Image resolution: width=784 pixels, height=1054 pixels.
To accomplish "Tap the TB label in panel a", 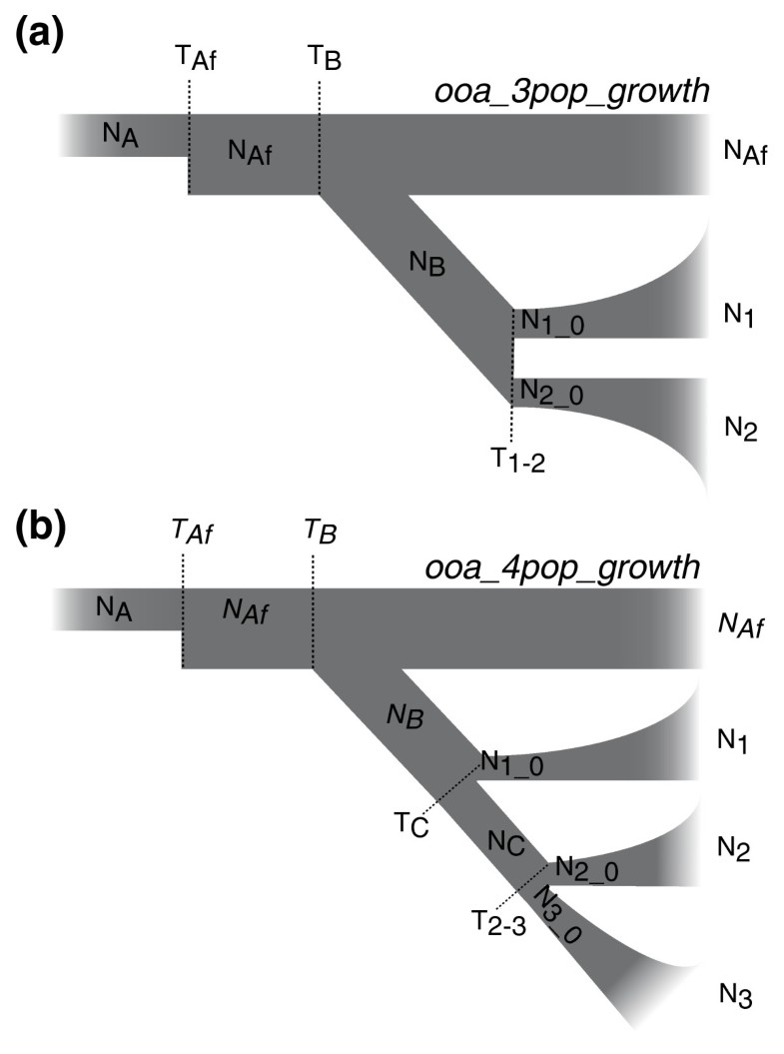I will click(x=325, y=59).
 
